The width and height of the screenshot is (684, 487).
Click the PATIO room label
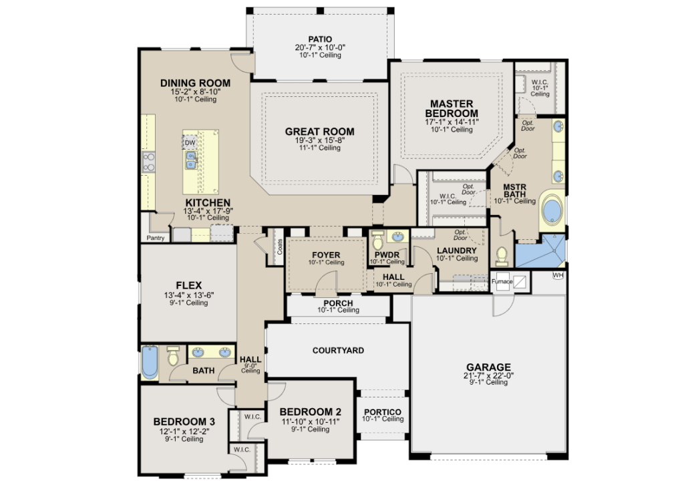click(x=320, y=39)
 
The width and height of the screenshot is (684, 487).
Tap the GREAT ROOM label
click(x=320, y=132)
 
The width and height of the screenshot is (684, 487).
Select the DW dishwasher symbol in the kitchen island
click(x=190, y=142)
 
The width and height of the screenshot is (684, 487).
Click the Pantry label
click(x=156, y=238)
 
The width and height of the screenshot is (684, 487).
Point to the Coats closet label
click(x=280, y=247)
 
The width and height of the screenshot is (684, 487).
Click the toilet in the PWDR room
click(x=377, y=240)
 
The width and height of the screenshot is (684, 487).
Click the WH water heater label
click(x=558, y=275)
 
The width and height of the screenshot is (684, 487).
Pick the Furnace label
click(x=502, y=281)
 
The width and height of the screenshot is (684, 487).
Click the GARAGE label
click(x=488, y=367)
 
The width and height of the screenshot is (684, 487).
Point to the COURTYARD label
click(x=338, y=351)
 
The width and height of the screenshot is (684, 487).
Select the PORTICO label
click(x=383, y=412)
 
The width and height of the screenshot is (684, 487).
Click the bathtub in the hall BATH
click(x=150, y=363)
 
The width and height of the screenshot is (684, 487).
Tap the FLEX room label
click(x=189, y=285)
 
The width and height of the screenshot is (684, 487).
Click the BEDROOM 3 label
click(x=184, y=422)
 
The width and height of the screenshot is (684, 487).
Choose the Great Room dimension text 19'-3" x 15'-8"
click(x=320, y=140)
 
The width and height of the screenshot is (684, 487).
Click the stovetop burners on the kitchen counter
click(x=149, y=162)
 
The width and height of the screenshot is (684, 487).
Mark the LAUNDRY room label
click(x=457, y=251)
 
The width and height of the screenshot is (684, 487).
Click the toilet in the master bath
click(x=502, y=257)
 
